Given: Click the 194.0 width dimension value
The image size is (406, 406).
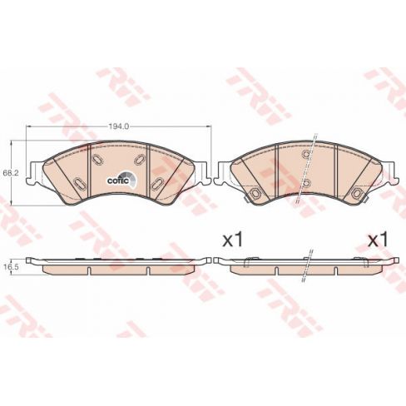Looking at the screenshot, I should (x=117, y=126).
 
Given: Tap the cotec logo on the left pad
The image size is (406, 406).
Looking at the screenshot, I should (x=116, y=176).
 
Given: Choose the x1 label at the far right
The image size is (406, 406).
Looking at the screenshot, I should (x=379, y=240).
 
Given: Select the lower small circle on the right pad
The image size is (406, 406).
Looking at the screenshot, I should (x=306, y=182).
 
